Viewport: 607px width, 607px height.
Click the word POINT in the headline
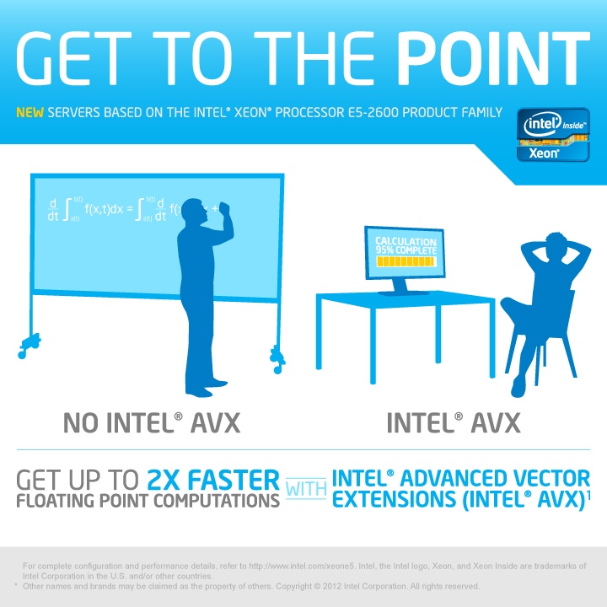[x=493, y=58]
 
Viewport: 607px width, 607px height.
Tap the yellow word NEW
[x=30, y=112]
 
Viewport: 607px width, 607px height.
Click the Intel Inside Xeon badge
[x=553, y=135]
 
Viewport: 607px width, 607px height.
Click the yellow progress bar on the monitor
[x=406, y=261]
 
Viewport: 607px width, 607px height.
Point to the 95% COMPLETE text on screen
[x=406, y=250]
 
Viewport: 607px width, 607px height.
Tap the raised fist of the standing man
[x=225, y=208]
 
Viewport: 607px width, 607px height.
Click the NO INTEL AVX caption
[x=152, y=422]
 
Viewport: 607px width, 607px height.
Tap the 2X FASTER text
[x=213, y=480]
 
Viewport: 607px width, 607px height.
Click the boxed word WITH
[x=306, y=489]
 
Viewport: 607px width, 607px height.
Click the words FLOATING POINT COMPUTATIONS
[x=148, y=501]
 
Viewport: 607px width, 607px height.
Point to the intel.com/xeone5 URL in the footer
[x=302, y=566]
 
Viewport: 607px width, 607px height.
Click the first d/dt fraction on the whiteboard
[x=53, y=210]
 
